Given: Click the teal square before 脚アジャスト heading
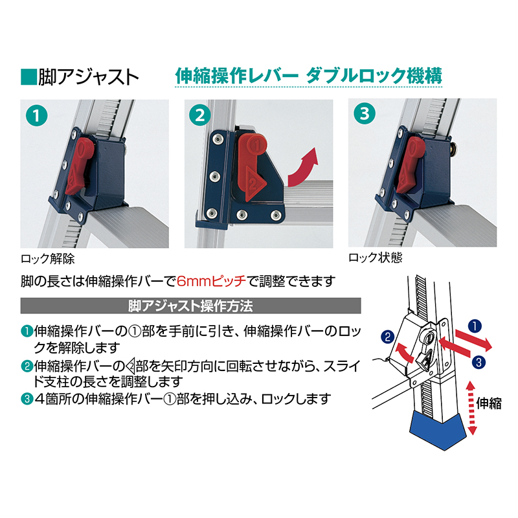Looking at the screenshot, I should pyautogui.click(x=27, y=76).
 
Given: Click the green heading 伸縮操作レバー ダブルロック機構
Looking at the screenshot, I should pyautogui.click(x=309, y=75).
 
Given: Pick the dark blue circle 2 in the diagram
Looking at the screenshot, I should pyautogui.click(x=387, y=337).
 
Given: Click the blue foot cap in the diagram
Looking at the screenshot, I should pyautogui.click(x=438, y=430).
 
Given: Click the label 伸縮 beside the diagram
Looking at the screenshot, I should pyautogui.click(x=489, y=405).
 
